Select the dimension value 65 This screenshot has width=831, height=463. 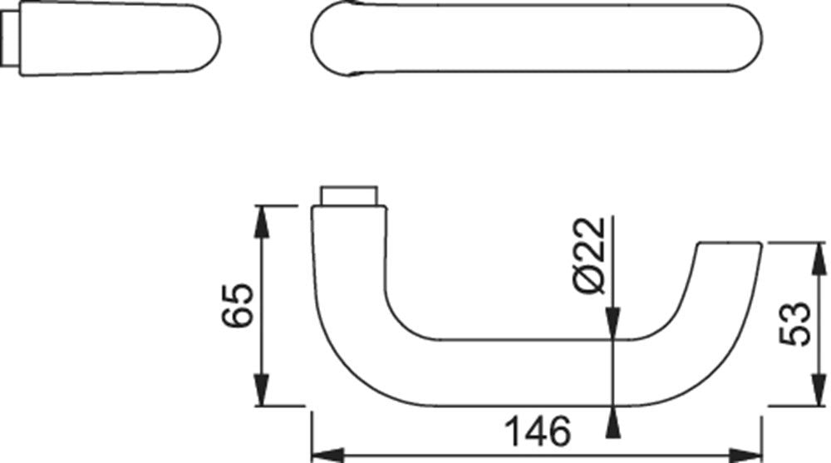coord(238,306)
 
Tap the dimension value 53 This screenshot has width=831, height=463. coord(795,324)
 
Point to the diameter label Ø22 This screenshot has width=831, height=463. coord(589,256)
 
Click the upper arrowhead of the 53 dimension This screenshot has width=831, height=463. coord(819,259)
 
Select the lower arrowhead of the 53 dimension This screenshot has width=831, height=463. coord(819,390)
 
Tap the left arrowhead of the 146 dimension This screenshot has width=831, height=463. coord(328,455)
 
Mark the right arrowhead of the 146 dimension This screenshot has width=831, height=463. coord(746,455)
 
